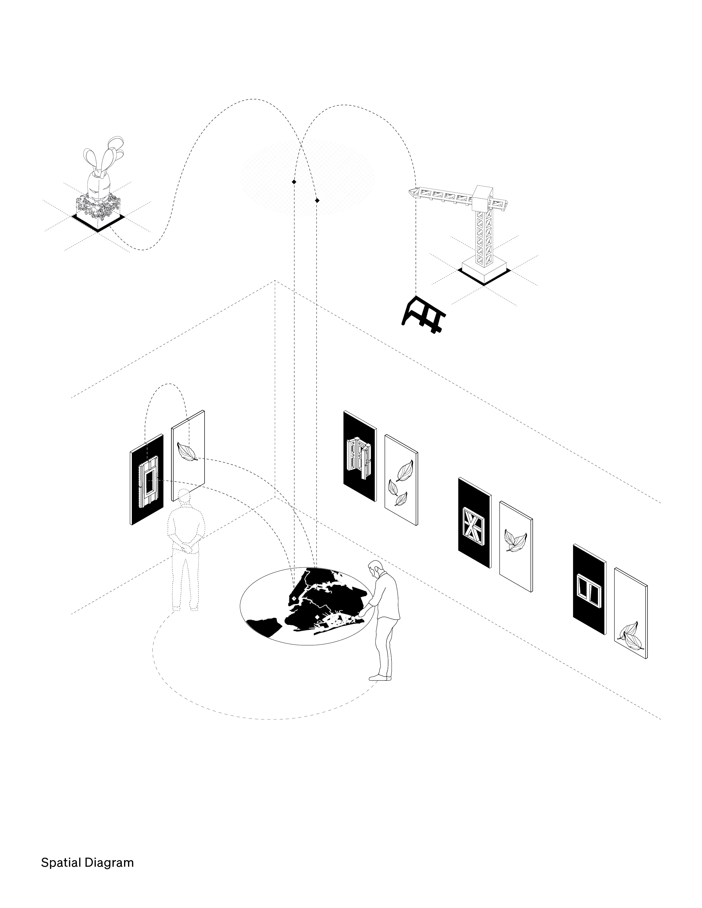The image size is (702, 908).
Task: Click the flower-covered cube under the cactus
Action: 98,209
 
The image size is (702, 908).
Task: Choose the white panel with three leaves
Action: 401,480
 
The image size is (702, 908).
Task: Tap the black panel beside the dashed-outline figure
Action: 147,479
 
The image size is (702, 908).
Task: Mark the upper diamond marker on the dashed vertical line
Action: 294,182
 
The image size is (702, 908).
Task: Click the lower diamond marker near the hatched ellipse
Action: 317,200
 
